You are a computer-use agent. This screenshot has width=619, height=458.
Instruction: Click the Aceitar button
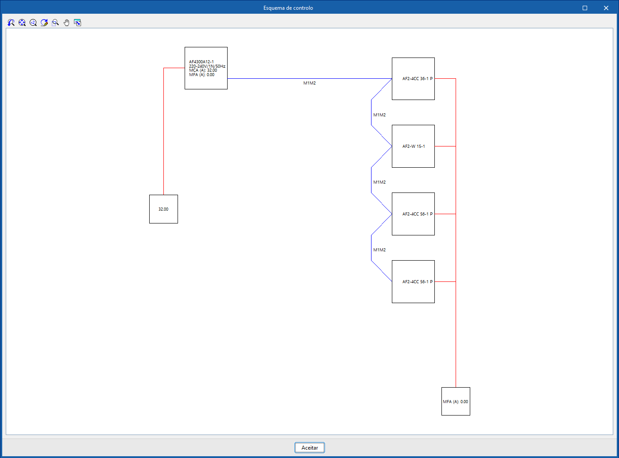(309, 447)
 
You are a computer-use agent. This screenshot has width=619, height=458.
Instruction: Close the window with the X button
(606, 8)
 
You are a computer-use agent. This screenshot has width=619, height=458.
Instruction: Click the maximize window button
(585, 8)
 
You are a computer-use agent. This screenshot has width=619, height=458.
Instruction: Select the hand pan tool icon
(66, 23)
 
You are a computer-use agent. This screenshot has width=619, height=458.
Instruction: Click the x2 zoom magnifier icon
(33, 23)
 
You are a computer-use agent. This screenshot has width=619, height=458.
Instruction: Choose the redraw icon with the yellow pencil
(44, 23)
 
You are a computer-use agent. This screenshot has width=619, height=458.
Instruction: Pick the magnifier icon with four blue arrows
(22, 23)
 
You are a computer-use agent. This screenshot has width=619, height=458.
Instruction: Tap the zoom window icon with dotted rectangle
(55, 23)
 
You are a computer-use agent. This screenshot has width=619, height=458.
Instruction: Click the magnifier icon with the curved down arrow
(11, 23)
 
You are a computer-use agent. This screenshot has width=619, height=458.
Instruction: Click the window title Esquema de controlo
(288, 8)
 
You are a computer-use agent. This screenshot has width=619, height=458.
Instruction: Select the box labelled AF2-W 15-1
(413, 146)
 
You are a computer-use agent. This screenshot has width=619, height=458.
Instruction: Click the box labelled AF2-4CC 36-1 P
(413, 79)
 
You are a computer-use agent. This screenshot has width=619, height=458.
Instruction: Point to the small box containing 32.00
(163, 209)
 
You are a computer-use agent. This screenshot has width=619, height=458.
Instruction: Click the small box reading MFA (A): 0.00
(456, 401)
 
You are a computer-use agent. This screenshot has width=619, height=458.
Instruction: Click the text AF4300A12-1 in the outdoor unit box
(201, 62)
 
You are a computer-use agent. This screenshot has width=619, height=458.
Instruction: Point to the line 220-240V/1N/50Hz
(207, 66)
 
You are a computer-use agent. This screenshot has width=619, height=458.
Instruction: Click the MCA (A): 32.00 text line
(203, 70)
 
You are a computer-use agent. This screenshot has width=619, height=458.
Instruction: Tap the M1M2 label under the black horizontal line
(309, 83)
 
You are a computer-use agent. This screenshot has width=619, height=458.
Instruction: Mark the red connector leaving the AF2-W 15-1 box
(445, 146)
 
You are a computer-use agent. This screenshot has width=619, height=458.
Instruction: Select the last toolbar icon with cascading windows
(77, 23)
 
